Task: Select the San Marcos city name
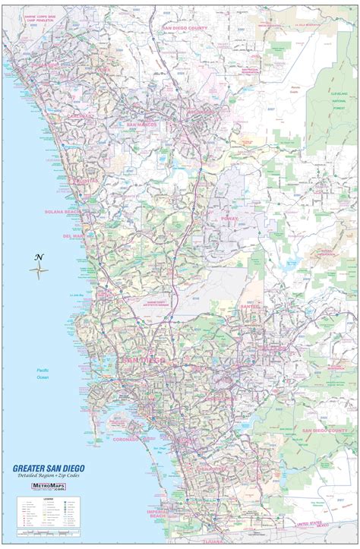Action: tap(141, 124)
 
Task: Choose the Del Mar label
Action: tap(74, 235)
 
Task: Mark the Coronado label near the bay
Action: tap(125, 439)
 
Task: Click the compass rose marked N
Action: tap(39, 267)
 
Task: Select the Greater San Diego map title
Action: tap(48, 468)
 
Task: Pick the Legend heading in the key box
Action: tap(26, 500)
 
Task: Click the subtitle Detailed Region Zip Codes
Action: tap(49, 475)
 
